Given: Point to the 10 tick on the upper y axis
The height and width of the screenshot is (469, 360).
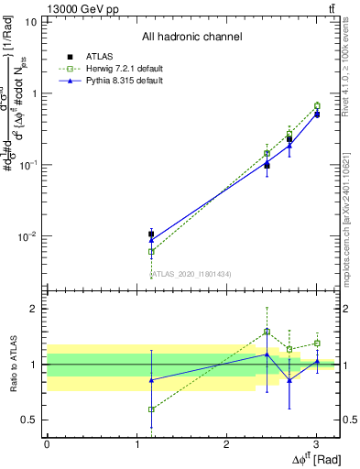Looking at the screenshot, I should pyautogui.click(x=30, y=21).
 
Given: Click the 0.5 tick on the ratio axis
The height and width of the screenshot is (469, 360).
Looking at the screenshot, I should pyautogui.click(x=29, y=420).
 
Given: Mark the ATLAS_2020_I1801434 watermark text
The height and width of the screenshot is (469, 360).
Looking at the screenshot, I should pyautogui.click(x=191, y=274).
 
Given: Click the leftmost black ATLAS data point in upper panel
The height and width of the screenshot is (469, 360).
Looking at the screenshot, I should pyautogui.click(x=151, y=234).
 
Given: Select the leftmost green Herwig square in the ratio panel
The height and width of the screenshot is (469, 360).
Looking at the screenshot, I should pyautogui.click(x=151, y=409).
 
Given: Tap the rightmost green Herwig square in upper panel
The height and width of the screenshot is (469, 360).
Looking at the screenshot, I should pyautogui.click(x=317, y=106).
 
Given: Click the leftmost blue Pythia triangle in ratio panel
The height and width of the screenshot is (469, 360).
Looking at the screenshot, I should pyautogui.click(x=151, y=379).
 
